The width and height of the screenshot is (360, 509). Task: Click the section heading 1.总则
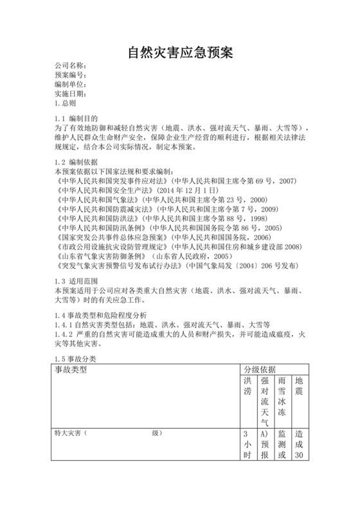[x=66, y=103]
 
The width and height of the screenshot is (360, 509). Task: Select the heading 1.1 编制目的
[x=76, y=119]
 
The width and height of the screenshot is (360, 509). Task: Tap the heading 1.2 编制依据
[x=76, y=164]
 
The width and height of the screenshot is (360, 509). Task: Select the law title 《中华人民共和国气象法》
[x=97, y=200]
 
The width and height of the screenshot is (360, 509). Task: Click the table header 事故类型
[x=70, y=370]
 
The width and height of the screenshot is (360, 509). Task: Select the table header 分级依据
[x=259, y=370]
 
